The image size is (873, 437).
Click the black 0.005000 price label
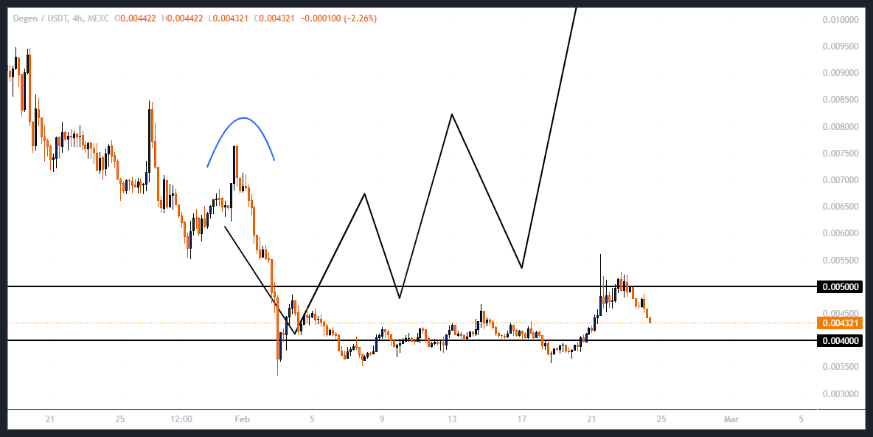coord(839,286)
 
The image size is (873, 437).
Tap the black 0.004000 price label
coord(839,340)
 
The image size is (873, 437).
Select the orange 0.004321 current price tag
coord(839,323)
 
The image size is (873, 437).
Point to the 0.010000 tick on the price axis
coord(841,19)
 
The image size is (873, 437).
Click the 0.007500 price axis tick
coord(841,154)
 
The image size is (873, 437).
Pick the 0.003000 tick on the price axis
coord(841,393)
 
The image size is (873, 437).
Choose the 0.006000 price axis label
coord(841,233)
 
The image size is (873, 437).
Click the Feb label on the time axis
coord(242,419)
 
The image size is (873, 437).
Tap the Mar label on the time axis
coord(731,419)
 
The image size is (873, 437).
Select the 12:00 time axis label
coord(181,419)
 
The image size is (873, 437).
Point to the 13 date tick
coord(452,419)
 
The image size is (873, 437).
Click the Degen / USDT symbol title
coord(38,18)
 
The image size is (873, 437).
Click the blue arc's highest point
coord(243,118)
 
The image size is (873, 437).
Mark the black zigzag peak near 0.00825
coord(451,114)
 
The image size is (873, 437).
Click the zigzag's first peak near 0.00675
coord(364,194)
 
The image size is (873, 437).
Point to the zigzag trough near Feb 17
coord(522,267)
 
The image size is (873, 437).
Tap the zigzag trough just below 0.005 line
coord(399,298)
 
